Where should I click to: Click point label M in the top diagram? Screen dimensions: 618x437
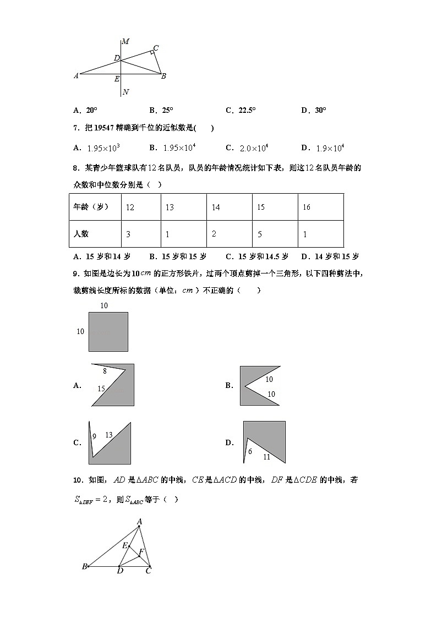point(125,41)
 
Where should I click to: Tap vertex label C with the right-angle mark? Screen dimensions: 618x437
point(156,48)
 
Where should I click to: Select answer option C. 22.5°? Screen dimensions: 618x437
point(241,110)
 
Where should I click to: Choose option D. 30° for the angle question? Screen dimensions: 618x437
point(314,110)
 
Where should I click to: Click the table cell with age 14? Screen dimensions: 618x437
point(216,207)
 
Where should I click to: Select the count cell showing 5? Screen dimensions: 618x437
point(260,234)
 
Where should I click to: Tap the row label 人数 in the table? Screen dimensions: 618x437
point(81,234)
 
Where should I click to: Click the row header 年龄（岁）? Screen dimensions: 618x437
point(90,207)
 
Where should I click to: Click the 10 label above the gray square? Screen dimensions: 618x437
point(104,305)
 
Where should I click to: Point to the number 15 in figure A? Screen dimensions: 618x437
point(101,389)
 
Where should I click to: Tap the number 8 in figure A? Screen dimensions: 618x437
point(105,372)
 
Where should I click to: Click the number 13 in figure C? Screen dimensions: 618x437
point(108,435)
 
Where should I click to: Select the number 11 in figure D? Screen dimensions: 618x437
point(266,457)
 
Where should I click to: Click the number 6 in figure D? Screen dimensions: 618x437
point(250,451)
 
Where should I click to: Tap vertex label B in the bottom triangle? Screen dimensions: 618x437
point(84,566)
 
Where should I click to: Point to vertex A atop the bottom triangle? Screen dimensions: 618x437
point(139,521)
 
